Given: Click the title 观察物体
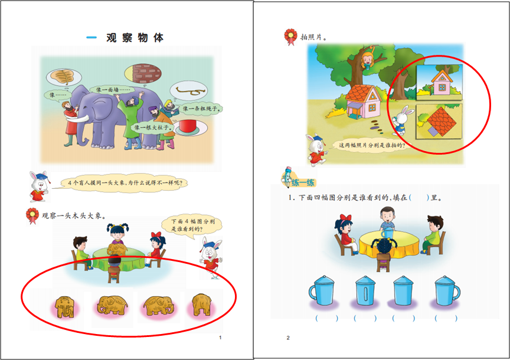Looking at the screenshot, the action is pyautogui.click(x=134, y=38).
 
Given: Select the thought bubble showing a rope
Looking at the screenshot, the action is pyautogui.click(x=189, y=91).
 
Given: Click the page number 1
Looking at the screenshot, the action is pyautogui.click(x=220, y=338).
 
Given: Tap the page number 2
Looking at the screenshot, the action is pyautogui.click(x=288, y=338).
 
